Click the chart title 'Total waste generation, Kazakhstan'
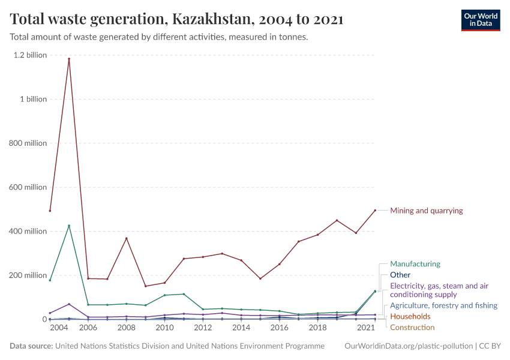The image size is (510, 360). point(176,19)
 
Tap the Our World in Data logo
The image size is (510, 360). point(480,20)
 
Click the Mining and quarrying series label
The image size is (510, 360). point(426,211)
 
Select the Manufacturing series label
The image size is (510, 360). point(415,264)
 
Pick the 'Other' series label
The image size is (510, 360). point(400,275)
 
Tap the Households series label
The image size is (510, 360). point(410,316)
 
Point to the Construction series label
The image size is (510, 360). point(412,327)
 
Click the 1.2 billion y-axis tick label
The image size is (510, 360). point(30,55)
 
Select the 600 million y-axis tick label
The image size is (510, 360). point(28,187)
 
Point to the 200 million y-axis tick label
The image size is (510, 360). point(28,275)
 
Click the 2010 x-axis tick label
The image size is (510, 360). point(164,328)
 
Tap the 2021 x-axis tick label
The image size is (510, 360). point(365,328)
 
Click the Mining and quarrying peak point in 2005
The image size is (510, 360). point(69,59)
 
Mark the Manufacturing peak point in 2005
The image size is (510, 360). point(69,226)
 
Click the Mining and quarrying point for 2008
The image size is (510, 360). point(126,238)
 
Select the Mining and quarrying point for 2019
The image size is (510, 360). point(337,220)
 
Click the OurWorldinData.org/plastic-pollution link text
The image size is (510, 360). point(409,346)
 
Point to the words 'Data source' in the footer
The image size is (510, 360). point(31,346)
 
